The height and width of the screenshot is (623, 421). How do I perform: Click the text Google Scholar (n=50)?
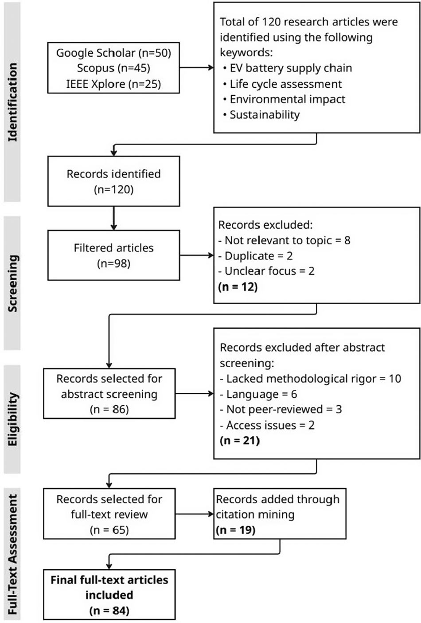[113, 53]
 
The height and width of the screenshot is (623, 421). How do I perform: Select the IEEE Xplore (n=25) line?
[113, 83]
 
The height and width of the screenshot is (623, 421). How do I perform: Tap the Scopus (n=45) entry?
[113, 68]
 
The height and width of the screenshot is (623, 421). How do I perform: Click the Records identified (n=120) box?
[113, 181]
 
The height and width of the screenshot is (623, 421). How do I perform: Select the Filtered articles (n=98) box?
[113, 255]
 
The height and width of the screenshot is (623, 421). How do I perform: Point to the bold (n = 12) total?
[238, 286]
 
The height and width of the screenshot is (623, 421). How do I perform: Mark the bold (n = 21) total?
[239, 441]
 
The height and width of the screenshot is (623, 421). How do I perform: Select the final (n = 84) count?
[109, 611]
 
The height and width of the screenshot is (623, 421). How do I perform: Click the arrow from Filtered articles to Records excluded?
[196, 255]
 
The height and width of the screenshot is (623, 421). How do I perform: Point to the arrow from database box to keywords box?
[196, 68]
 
